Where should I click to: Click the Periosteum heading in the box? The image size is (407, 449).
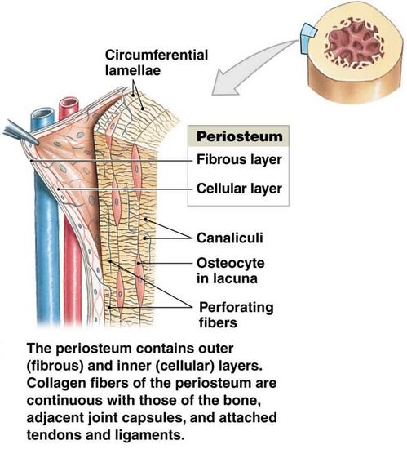pyautogui.click(x=240, y=136)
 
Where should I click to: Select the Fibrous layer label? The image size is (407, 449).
pyautogui.click(x=239, y=160)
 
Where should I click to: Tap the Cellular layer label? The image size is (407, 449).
pyautogui.click(x=239, y=189)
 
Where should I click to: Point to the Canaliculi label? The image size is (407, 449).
pyautogui.click(x=229, y=238)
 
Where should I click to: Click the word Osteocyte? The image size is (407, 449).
pyautogui.click(x=230, y=264)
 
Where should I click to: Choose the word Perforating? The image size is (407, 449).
pyautogui.click(x=237, y=308)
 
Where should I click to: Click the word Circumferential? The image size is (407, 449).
pyautogui.click(x=157, y=55)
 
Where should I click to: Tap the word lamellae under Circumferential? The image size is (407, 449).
pyautogui.click(x=133, y=70)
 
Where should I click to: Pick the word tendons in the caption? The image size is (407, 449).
pyautogui.click(x=54, y=435)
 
